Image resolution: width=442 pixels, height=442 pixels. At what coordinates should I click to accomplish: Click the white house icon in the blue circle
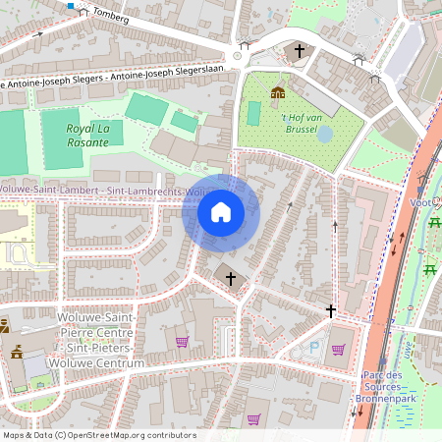click(221, 212)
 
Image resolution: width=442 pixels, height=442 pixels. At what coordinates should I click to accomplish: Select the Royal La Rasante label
click(87, 135)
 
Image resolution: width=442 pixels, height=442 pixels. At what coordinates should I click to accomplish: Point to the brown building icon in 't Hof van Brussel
click(278, 94)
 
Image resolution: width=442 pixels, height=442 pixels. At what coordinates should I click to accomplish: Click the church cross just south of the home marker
click(232, 278)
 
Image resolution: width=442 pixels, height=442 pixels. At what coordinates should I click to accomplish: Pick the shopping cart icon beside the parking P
click(338, 349)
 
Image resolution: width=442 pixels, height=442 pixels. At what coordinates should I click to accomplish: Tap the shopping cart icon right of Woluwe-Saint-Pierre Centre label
click(182, 342)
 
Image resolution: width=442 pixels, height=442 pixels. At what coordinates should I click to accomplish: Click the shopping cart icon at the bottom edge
click(253, 419)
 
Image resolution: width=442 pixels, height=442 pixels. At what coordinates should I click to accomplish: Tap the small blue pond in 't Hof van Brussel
click(325, 133)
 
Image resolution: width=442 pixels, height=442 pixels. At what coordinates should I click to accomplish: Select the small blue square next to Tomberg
click(71, 4)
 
